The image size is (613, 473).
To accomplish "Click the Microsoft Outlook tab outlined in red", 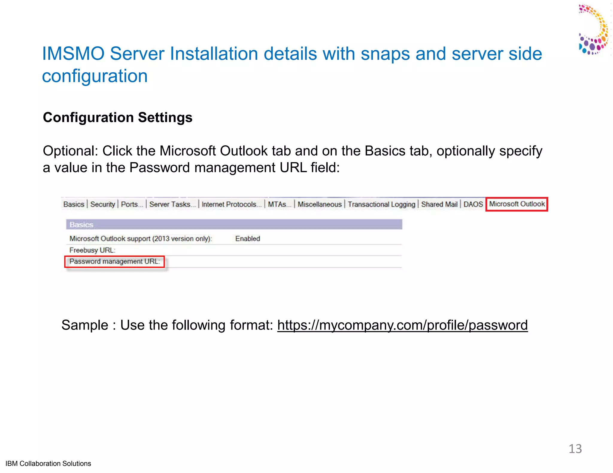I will click(x=517, y=204).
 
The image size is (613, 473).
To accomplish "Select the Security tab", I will click(x=102, y=205).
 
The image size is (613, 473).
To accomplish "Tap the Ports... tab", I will click(x=132, y=205).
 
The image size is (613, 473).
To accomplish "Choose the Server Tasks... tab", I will click(x=172, y=205).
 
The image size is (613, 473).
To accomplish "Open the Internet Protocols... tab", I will click(x=231, y=205).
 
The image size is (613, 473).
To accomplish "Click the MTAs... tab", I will click(x=279, y=205).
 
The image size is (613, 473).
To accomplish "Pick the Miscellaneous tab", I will click(x=319, y=205).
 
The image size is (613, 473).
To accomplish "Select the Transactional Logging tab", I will click(x=381, y=205).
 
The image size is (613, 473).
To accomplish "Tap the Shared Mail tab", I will click(x=439, y=205).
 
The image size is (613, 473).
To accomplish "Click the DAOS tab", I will click(x=473, y=205).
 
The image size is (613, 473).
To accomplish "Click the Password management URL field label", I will click(x=114, y=262).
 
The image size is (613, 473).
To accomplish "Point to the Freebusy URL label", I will click(x=92, y=250).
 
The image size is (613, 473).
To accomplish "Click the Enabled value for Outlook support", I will click(x=248, y=239).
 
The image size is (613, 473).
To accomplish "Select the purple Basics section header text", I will click(x=81, y=225).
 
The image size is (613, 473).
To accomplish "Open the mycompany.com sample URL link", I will click(x=402, y=325).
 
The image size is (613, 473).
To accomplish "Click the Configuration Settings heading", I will click(x=118, y=118).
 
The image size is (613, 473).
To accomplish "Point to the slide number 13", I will click(x=575, y=449).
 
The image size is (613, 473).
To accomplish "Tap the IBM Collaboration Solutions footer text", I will click(x=48, y=463).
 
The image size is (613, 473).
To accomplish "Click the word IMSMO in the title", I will click(x=73, y=54).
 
